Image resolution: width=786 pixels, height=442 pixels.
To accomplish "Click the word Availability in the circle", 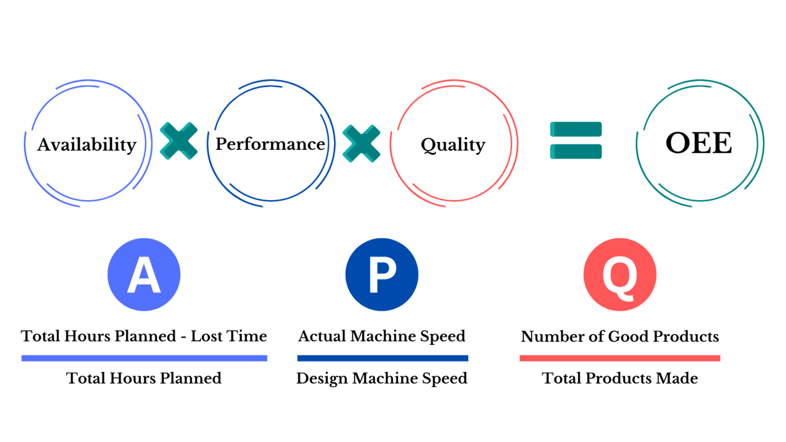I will [87, 145].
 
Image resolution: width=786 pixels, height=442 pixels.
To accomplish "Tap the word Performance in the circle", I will [270, 144].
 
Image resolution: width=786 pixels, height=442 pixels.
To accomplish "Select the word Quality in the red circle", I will [453, 145].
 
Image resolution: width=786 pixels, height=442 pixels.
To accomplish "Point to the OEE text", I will [699, 144].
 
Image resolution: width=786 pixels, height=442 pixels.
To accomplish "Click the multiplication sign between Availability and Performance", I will [179, 141].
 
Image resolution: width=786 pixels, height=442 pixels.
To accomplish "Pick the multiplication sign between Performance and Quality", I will [361, 143].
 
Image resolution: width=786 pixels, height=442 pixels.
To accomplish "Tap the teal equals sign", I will [576, 141].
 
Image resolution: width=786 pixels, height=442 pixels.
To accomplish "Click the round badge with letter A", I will [144, 274].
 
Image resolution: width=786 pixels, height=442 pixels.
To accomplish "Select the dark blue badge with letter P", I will [382, 274].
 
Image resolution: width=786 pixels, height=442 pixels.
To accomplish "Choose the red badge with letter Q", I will [620, 274].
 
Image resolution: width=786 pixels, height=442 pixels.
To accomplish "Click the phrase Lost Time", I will [229, 336].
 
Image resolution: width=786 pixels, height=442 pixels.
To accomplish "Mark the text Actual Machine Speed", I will [382, 336].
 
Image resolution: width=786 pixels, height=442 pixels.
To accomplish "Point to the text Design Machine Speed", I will [382, 378].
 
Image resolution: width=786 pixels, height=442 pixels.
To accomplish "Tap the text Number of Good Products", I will [620, 336].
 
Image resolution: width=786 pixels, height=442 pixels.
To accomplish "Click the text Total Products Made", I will [620, 378].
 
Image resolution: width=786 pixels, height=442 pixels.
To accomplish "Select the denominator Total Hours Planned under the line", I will [144, 378].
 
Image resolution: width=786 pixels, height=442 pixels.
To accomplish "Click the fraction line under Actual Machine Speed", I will [382, 358].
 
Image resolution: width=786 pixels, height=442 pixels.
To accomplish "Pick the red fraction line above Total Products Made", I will [620, 358].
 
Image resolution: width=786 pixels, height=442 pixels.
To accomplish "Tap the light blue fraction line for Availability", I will [144, 358].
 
